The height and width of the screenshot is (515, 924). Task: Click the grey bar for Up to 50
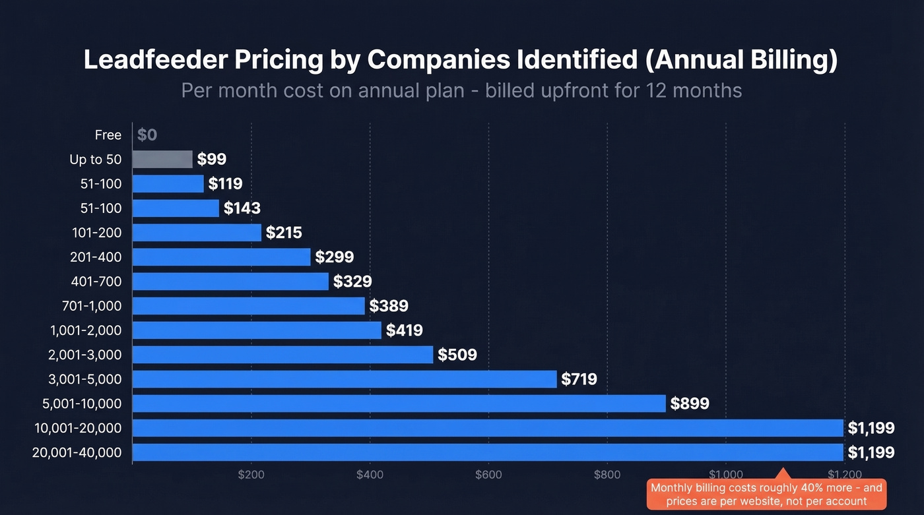[x=162, y=159]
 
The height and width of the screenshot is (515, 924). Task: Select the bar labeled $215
[x=197, y=232]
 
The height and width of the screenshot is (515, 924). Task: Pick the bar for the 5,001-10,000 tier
[x=399, y=404]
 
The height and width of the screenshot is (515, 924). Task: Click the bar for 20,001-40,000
[x=488, y=452]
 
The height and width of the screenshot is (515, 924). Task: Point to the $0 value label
[x=147, y=135]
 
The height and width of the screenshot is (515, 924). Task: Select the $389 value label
[x=389, y=306]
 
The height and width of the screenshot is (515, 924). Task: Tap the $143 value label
[x=242, y=208]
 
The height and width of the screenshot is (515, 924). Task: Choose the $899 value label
[x=690, y=404]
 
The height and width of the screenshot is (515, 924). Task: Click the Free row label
[x=108, y=135]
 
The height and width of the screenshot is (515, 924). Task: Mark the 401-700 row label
[x=96, y=282]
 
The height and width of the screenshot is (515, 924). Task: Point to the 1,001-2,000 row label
[x=86, y=330]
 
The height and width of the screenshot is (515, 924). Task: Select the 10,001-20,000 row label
[x=79, y=428]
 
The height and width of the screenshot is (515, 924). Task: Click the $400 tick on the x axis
[x=370, y=474]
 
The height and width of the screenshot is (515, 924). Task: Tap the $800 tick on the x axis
[x=607, y=474]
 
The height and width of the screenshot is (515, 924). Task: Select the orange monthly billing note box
[x=766, y=495]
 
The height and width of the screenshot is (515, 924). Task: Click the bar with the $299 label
[x=221, y=257]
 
